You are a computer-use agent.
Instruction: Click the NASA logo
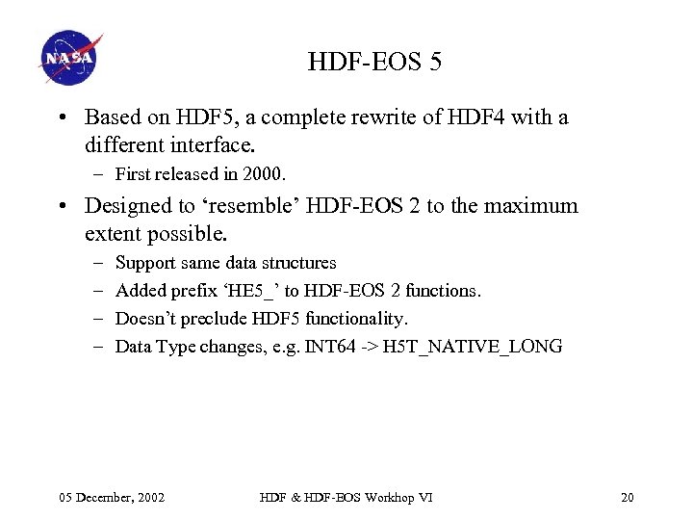pyautogui.click(x=70, y=58)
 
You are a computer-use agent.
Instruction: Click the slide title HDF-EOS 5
pyautogui.click(x=374, y=64)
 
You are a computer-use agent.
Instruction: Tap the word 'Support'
pyautogui.click(x=143, y=263)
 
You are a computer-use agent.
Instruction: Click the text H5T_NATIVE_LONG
pyautogui.click(x=473, y=347)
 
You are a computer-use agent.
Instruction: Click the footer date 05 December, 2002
pyautogui.click(x=112, y=497)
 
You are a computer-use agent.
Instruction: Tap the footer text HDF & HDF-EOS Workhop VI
pyautogui.click(x=346, y=497)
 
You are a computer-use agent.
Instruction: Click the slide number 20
pyautogui.click(x=628, y=497)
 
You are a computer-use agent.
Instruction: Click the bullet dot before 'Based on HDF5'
pyautogui.click(x=61, y=118)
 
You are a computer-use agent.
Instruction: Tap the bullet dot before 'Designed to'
pyautogui.click(x=61, y=207)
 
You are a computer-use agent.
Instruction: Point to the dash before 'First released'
pyautogui.click(x=100, y=175)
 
